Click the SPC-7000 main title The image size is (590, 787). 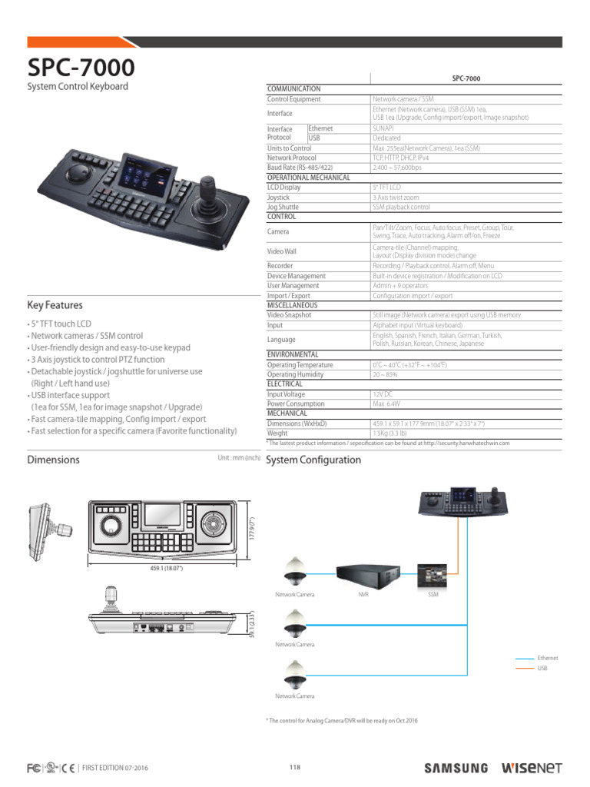[81, 67]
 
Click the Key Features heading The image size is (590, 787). [55, 305]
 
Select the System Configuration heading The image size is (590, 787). [313, 460]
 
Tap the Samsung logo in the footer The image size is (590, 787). [456, 768]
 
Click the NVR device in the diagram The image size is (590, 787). [369, 573]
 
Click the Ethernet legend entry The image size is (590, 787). [548, 658]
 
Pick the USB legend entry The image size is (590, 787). [542, 669]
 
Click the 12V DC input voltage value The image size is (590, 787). [383, 393]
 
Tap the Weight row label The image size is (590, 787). [278, 433]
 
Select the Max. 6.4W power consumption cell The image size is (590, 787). [388, 403]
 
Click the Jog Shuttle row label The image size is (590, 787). [283, 208]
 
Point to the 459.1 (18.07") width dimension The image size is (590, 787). [167, 568]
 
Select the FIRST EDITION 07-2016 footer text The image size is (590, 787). [115, 768]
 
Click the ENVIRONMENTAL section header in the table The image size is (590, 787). [293, 354]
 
